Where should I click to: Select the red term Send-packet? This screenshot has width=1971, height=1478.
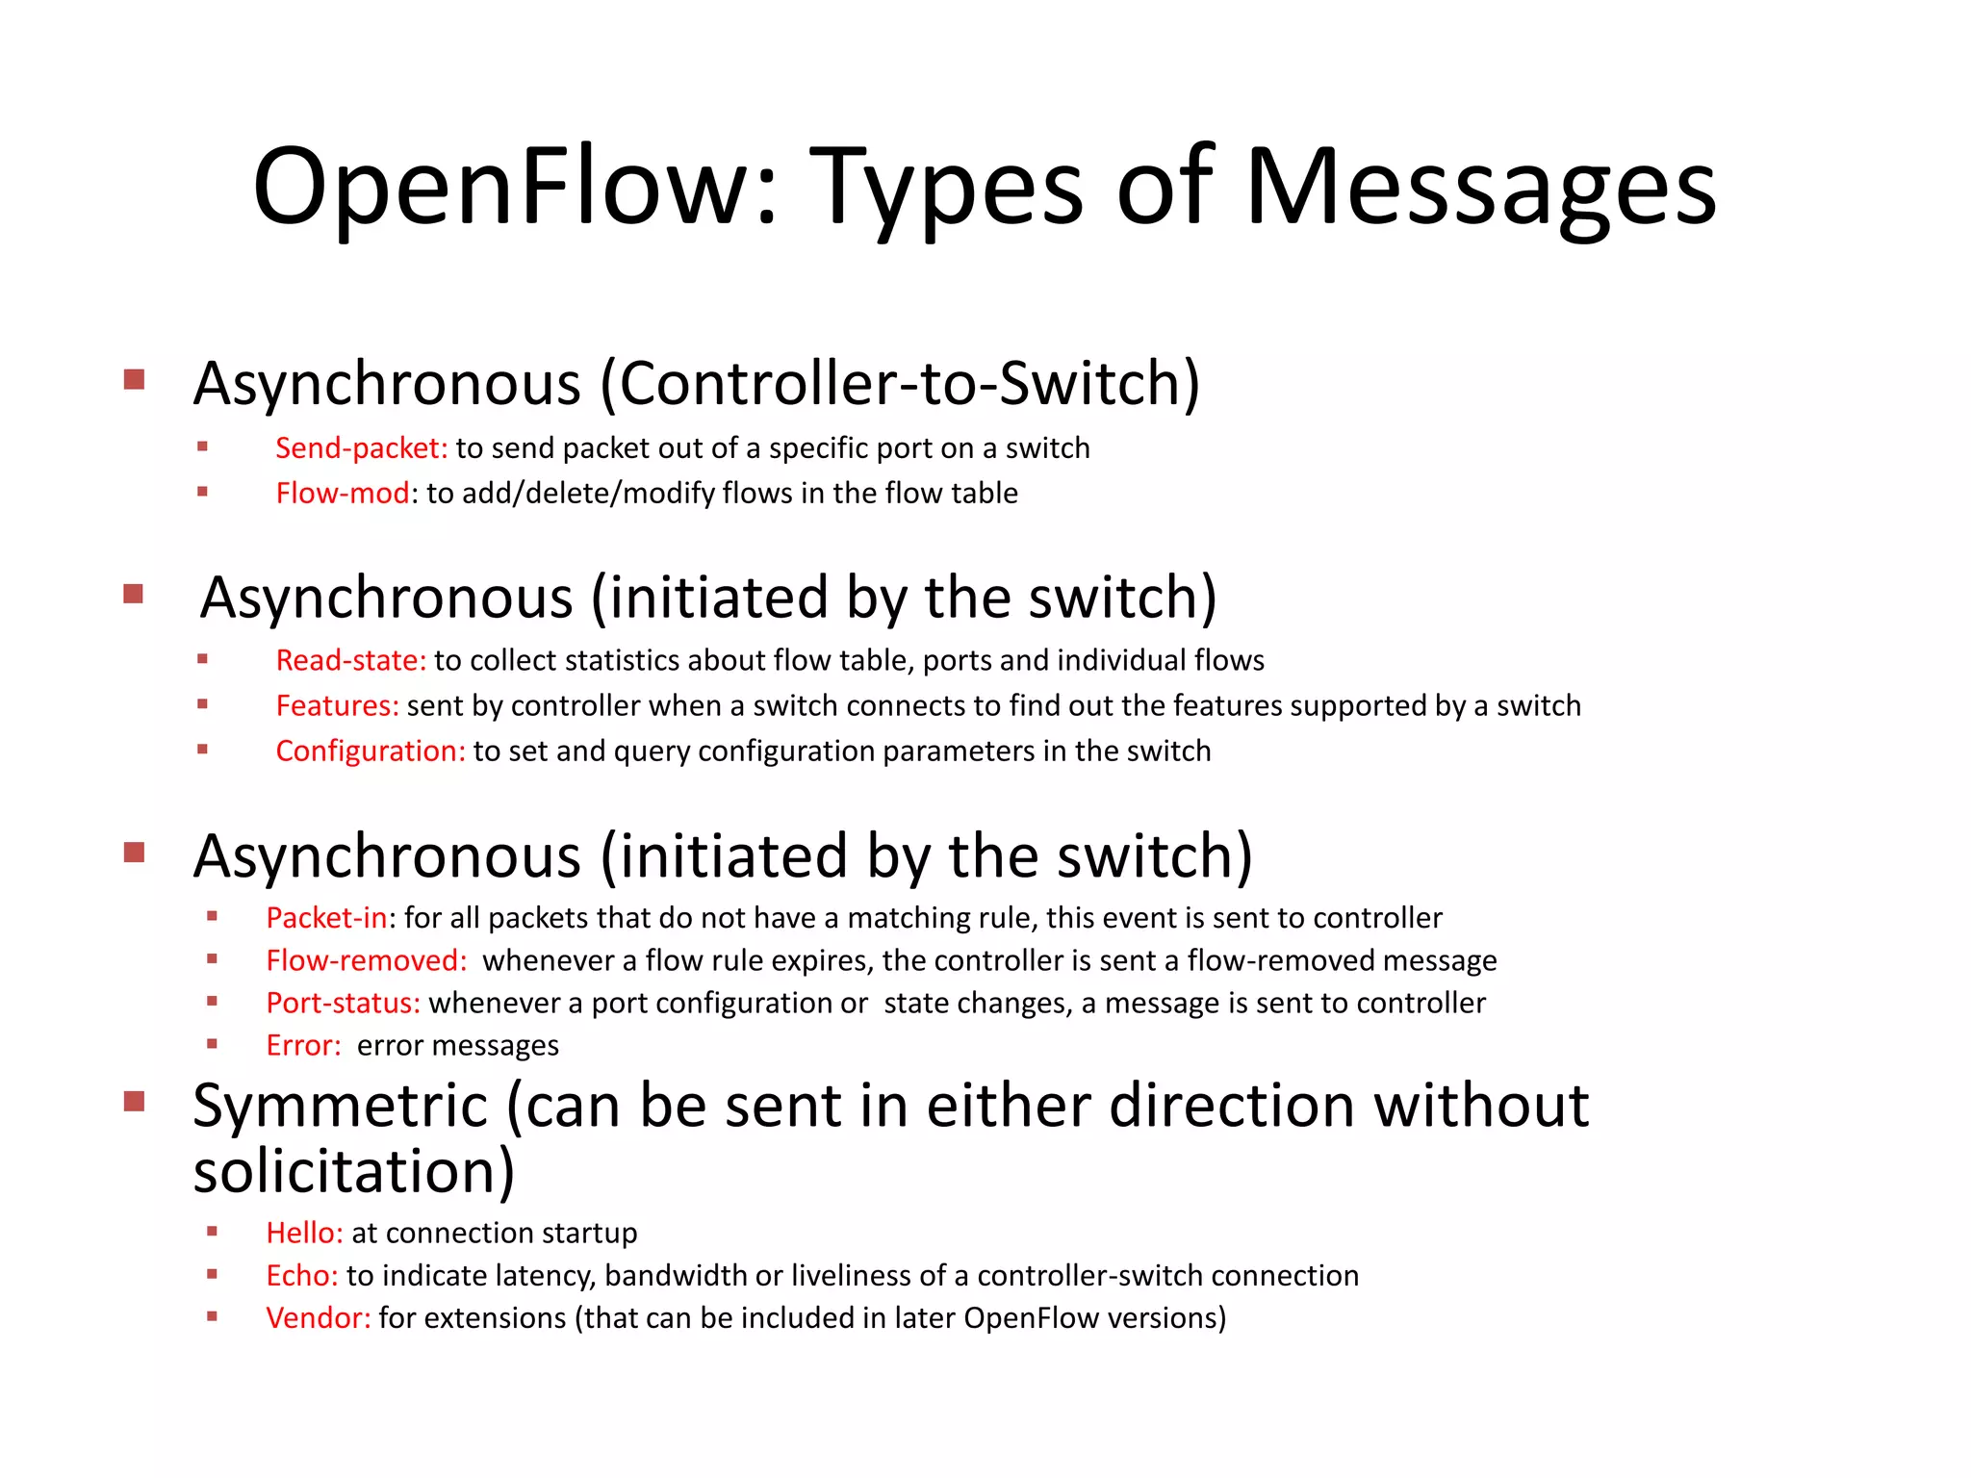(x=361, y=448)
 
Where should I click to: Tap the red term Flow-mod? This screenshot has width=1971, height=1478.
(x=343, y=494)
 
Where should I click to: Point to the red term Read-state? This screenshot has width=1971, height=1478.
(x=350, y=661)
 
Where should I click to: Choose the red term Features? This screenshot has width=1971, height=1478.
(x=337, y=706)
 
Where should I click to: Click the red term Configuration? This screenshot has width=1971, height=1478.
(x=371, y=752)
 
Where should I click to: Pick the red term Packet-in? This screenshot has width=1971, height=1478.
(x=327, y=918)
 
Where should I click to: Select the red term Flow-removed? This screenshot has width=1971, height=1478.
(x=366, y=960)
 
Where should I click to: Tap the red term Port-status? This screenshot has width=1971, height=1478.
(x=343, y=1003)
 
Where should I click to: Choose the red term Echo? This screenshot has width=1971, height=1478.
(x=301, y=1275)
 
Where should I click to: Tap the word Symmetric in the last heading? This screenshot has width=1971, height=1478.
(x=340, y=1106)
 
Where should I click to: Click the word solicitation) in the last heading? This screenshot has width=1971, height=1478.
(x=354, y=1171)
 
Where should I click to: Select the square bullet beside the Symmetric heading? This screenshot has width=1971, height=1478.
(x=134, y=1101)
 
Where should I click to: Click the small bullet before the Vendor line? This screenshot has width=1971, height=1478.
(x=212, y=1316)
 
